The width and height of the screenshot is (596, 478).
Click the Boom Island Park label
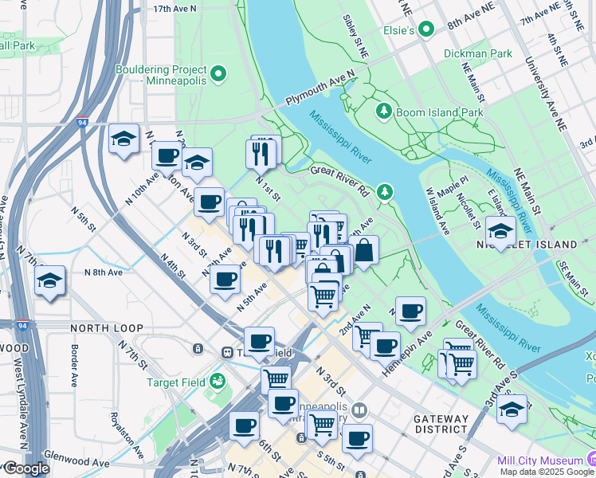point(439,113)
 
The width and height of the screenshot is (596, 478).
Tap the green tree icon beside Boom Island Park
point(384,111)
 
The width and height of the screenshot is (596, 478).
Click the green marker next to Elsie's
point(427,30)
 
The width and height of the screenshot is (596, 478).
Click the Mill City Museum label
point(540,460)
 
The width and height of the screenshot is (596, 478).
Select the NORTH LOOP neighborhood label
point(107,328)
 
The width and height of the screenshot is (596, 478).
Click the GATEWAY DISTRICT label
point(441,424)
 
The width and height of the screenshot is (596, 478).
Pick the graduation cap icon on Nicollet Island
point(500,232)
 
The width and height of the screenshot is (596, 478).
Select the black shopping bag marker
point(363,251)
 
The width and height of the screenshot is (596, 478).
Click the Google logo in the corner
point(25,468)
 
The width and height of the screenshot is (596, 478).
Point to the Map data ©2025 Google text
point(547,472)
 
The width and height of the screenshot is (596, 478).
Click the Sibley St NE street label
point(356,34)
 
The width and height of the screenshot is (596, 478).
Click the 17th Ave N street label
point(174,9)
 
